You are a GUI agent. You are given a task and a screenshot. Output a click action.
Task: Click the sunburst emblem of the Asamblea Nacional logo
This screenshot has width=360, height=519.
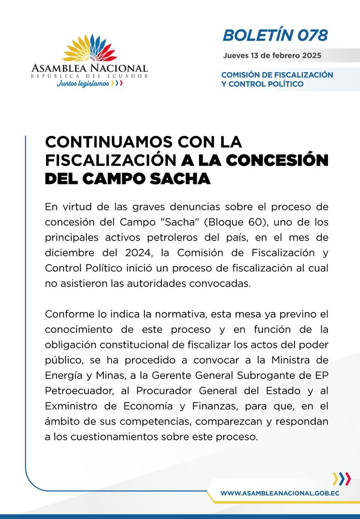(x=90, y=48)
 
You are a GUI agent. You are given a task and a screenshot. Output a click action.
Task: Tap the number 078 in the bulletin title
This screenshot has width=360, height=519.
(x=312, y=36)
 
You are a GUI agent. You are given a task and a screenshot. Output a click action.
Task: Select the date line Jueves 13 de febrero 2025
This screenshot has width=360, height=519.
(x=272, y=56)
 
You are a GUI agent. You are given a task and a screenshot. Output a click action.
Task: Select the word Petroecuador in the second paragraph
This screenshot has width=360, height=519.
(x=75, y=391)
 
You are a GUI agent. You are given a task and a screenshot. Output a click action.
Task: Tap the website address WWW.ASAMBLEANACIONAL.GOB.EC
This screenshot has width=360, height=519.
(x=280, y=493)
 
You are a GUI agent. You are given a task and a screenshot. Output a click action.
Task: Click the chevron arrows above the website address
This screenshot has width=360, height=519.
(x=341, y=479)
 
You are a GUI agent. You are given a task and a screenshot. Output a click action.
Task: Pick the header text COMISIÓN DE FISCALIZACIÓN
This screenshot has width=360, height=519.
(x=277, y=75)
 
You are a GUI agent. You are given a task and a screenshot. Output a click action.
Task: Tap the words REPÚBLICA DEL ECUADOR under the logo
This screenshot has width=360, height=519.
(x=90, y=76)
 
